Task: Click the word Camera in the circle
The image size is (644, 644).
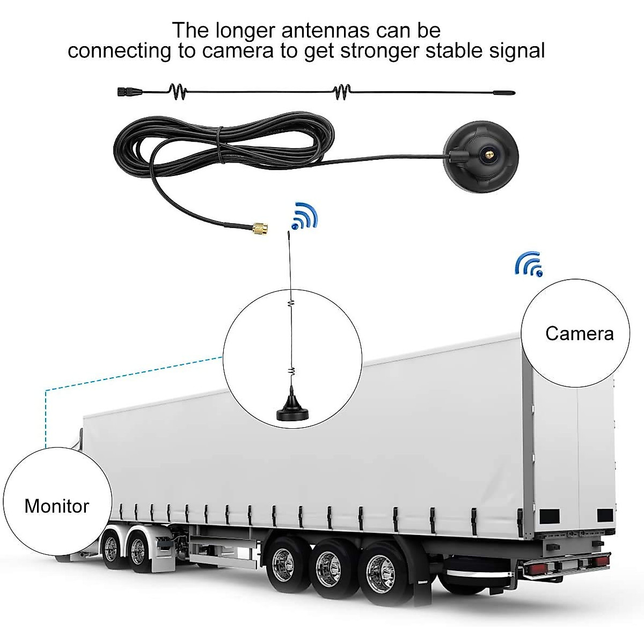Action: pos(579,333)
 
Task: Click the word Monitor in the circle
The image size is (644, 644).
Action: pos(56,506)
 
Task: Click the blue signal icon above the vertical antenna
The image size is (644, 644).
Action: pos(304,216)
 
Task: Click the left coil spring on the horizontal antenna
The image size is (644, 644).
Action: pos(179,92)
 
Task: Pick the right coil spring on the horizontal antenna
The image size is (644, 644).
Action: pos(342,92)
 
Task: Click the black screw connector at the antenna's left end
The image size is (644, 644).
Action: pos(125,92)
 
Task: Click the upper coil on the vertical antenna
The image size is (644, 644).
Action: pos(291,304)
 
